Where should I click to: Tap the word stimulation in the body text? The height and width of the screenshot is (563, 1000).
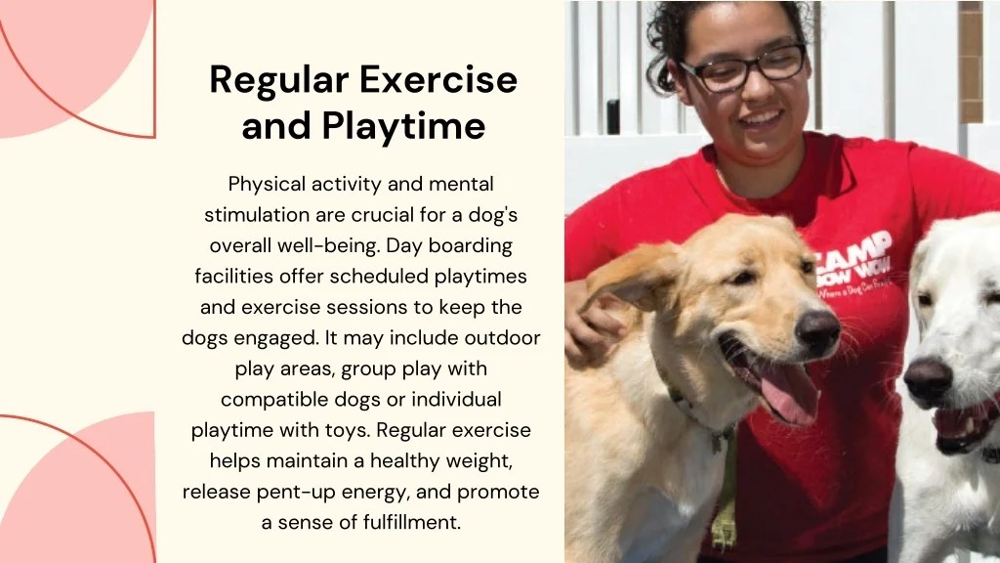pyautogui.click(x=257, y=215)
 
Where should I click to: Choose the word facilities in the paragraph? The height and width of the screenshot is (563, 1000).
pyautogui.click(x=236, y=277)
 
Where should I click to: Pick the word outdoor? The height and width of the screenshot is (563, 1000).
pyautogui.click(x=503, y=338)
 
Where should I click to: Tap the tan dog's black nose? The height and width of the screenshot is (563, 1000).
pyautogui.click(x=816, y=331)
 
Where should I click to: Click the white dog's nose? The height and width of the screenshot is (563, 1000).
pyautogui.click(x=927, y=378)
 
